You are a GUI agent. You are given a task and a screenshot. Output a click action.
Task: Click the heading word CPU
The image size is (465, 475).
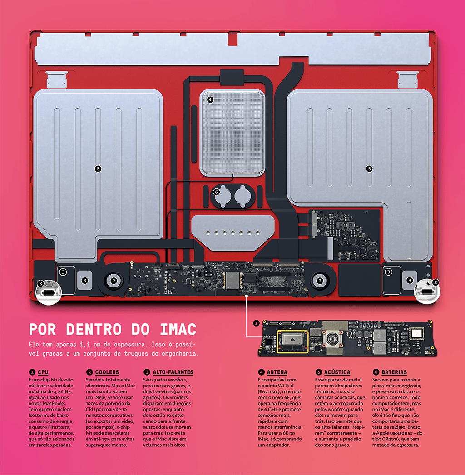coord(43,372)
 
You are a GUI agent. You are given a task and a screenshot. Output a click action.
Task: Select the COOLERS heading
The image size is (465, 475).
coord(107,372)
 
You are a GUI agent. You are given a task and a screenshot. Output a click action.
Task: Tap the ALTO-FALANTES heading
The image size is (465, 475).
coord(173,372)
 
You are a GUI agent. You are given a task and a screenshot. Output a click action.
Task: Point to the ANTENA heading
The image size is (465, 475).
coord(277,372)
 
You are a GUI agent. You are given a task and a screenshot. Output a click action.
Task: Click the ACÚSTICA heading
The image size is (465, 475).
coord(337,372)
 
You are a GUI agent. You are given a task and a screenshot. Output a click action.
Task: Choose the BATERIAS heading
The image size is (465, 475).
coord(394,372)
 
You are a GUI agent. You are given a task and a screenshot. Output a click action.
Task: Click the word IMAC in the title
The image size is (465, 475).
coord(178,329)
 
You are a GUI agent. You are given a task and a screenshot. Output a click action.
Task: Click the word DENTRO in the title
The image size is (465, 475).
coord(94,329)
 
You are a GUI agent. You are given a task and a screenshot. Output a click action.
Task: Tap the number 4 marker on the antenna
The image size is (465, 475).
coord(210,99)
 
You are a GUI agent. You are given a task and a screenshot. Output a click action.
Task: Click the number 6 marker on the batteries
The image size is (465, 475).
coord(216,192)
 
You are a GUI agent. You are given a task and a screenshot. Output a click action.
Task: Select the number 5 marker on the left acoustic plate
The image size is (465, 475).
coord(98,169)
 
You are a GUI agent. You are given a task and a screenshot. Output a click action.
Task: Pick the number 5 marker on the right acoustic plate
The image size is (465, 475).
coord(369,169)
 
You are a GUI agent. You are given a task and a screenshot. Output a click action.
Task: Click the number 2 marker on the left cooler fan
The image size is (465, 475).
coord(114,281)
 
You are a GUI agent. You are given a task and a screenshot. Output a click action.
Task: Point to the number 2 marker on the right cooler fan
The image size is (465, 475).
coord(320,281)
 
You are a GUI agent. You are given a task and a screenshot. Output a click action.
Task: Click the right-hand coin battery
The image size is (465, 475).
coord(242,196)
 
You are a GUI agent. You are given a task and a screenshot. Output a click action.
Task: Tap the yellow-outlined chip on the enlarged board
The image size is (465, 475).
coord(292,341)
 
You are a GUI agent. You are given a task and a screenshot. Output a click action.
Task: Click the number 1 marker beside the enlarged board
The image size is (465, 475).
coord(256,323)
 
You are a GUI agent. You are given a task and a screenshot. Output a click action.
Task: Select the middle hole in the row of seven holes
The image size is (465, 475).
coord(233,233)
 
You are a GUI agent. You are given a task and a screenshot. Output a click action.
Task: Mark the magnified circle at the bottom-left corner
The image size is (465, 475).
coord(49,292)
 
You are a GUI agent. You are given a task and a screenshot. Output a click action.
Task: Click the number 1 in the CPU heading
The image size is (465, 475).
coord(32,372)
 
